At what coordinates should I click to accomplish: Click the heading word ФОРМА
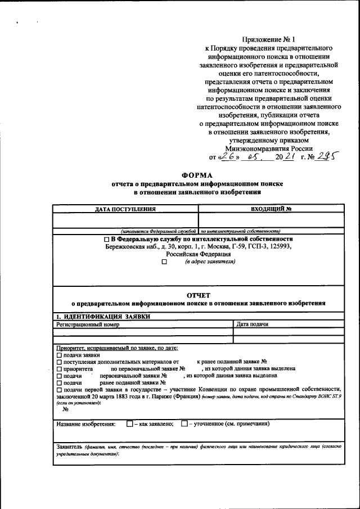(x=197, y=174)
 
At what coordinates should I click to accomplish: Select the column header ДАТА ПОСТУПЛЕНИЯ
(x=125, y=209)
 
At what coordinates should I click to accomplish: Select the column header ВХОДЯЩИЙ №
(x=270, y=209)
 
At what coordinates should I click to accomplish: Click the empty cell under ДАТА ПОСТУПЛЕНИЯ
(x=125, y=220)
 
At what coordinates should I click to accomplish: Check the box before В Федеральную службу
(x=107, y=239)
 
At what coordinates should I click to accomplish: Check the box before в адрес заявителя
(x=164, y=262)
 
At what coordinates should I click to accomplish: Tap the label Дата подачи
(x=252, y=325)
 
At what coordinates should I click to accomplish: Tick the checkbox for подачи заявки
(x=59, y=355)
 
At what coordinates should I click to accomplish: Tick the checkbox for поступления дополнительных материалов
(x=59, y=362)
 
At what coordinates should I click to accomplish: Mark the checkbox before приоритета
(x=59, y=368)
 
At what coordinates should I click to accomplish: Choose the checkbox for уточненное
(x=184, y=424)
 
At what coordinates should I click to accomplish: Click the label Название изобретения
(x=86, y=424)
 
